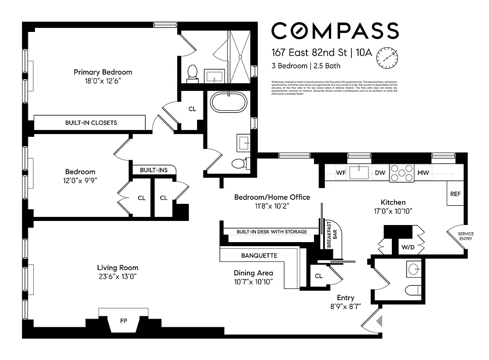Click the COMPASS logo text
click(x=335, y=31)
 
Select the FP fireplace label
click(x=123, y=322)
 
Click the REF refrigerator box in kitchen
click(x=455, y=194)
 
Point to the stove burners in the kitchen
click(x=402, y=173)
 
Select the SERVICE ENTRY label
click(x=465, y=236)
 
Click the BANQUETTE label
click(x=259, y=256)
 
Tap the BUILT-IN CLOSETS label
click(x=91, y=122)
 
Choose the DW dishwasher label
click(x=380, y=173)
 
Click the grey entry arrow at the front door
click(x=379, y=320)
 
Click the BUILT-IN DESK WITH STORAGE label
click(x=272, y=232)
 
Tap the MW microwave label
click(x=423, y=173)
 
